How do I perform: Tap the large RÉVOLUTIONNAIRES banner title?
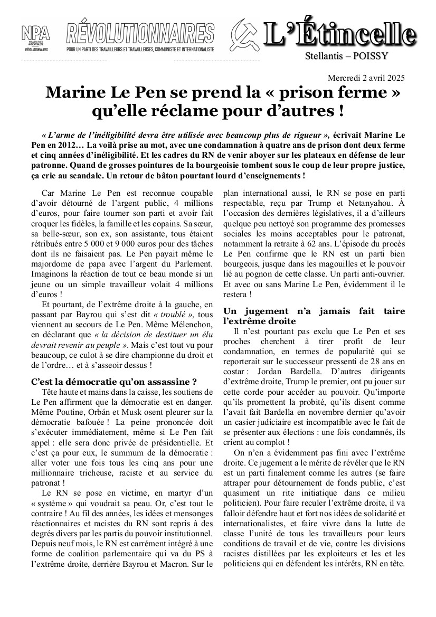coord(140,34)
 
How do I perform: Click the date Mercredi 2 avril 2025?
coord(366,78)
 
